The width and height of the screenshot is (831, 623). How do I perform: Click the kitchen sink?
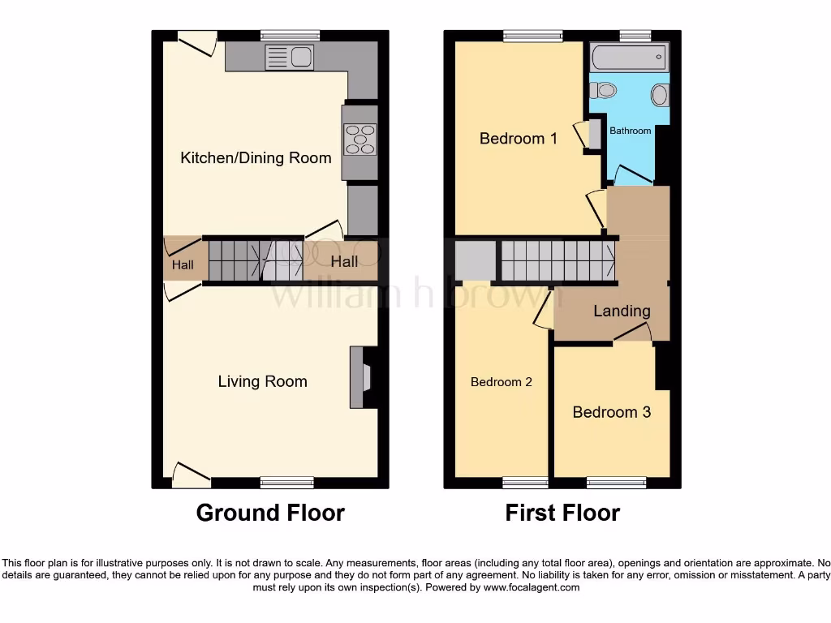289,57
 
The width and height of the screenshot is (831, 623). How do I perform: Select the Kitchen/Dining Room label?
256,157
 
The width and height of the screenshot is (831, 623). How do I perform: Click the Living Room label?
262,381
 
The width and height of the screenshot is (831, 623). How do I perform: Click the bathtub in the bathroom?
629,58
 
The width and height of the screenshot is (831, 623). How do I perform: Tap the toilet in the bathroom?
603,91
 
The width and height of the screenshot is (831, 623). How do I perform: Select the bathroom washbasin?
659,96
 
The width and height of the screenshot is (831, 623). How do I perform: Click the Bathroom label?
631,131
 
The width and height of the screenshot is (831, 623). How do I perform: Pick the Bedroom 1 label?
519,139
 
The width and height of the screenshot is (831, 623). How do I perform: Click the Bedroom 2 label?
502,382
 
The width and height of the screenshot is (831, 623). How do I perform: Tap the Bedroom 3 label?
611,412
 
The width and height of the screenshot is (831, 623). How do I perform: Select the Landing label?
622,311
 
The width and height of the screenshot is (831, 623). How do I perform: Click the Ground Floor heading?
270,513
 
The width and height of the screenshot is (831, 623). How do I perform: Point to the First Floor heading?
562,513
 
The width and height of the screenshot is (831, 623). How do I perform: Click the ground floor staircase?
252,260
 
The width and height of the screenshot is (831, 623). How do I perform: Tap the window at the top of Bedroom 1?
532,36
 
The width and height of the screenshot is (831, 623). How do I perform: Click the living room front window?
287,483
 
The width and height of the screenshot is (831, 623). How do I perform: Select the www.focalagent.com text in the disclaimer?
532,587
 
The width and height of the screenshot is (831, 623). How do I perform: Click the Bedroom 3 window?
616,483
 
